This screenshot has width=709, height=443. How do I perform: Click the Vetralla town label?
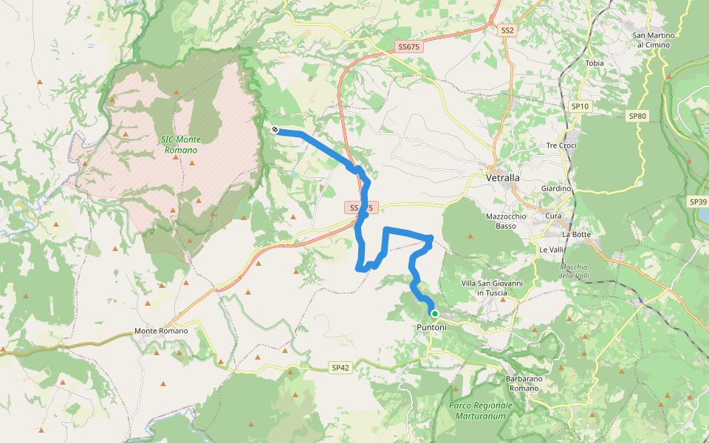pos(503,178)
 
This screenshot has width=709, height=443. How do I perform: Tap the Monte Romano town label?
pos(161,331)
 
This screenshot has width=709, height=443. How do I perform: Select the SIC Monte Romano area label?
pos(180,145)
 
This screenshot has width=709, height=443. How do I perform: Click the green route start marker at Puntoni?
pos(435,314)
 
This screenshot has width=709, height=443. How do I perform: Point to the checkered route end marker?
pos(275,130)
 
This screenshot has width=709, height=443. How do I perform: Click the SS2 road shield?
pos(507,30)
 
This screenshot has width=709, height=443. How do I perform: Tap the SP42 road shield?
pos(340,368)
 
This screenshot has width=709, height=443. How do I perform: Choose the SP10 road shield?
pos(580,106)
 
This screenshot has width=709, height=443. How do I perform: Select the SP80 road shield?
pos(637,116)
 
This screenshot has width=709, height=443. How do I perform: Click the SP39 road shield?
pos(697,202)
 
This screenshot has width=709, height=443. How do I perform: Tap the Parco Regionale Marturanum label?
pos(480,411)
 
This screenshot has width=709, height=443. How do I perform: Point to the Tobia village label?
pos(594,63)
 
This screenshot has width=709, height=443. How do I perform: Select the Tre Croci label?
pos(561,145)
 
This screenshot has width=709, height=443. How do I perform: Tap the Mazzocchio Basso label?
pos(506,221)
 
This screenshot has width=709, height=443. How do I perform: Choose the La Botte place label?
pos(576,235)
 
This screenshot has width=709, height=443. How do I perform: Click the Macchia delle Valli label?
pos(574,271)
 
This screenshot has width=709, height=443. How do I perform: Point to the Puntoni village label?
pos(431,327)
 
